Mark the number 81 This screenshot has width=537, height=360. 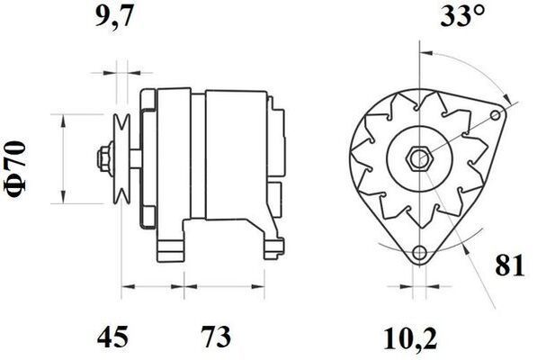[x=508, y=266]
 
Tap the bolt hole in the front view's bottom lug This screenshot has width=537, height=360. [x=418, y=255]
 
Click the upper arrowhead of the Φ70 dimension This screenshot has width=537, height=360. [x=63, y=120]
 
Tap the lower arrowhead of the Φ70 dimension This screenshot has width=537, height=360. [x=63, y=199]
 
